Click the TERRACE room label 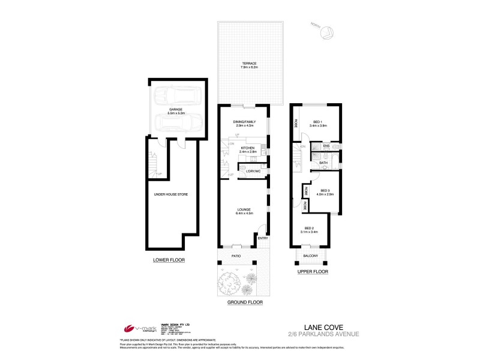coord(250,63)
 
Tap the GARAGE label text coord(176,109)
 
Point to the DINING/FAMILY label coord(244,122)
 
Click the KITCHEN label coord(248,148)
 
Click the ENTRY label coord(263,238)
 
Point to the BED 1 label coord(317,122)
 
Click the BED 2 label coord(309,228)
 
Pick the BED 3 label coord(325,190)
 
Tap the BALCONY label coord(310,256)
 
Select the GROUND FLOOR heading coord(245,303)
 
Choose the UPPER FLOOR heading coord(313,272)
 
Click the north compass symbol coord(328,33)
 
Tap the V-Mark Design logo coord(139,328)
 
